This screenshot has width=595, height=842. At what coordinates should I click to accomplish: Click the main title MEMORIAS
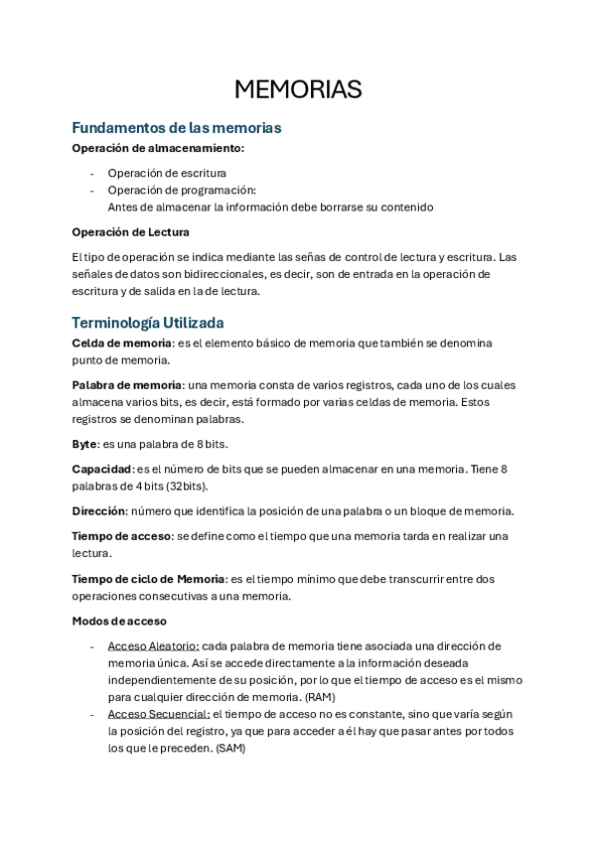coord(297,89)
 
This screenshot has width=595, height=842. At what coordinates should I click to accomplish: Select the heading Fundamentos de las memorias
coord(177,128)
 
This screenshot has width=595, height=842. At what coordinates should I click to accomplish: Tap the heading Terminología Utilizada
coord(148,323)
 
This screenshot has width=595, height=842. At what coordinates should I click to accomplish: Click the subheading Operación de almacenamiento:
coord(158,148)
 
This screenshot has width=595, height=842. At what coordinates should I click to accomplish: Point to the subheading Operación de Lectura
coord(130,232)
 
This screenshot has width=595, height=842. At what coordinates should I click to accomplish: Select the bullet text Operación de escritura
coord(167,173)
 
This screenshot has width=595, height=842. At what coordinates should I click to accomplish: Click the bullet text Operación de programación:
coord(182,190)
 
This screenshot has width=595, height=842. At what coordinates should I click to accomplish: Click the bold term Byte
coord(84,444)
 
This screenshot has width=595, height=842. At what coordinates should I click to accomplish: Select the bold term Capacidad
coord(101,469)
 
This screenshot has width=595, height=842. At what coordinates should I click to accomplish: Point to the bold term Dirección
coord(98,510)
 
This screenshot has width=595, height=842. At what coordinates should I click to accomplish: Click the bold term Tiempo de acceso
coord(121,536)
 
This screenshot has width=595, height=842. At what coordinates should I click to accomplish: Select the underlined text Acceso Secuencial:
coord(158,714)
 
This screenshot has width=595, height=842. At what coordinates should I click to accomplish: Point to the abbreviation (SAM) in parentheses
coord(229,749)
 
